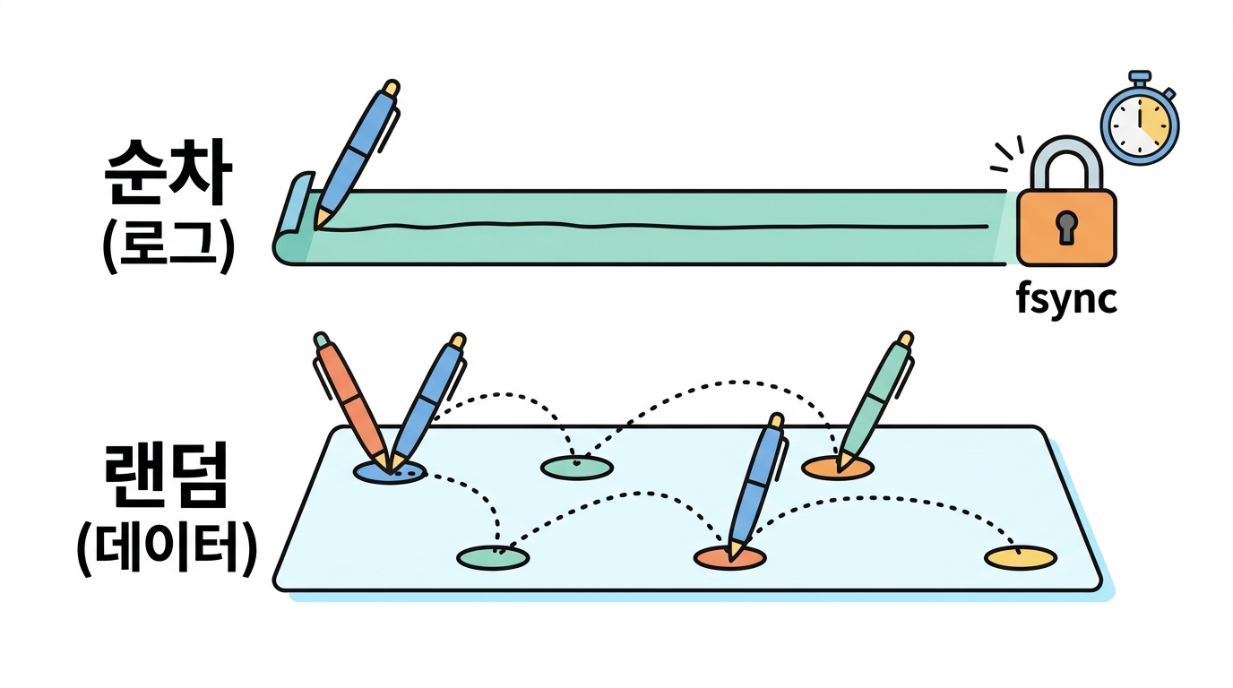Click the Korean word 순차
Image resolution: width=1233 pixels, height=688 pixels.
[168, 171]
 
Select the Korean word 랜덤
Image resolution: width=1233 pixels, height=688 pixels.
[166, 476]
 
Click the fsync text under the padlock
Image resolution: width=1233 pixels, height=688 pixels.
[1066, 299]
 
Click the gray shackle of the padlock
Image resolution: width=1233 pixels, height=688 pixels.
[1066, 163]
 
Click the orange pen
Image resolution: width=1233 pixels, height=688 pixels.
[352, 402]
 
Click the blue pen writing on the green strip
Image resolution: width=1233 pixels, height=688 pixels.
[357, 154]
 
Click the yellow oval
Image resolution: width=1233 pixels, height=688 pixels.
[1021, 557]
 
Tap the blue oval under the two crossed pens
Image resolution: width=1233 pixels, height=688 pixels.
[390, 472]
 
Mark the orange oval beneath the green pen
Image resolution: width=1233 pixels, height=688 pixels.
[837, 468]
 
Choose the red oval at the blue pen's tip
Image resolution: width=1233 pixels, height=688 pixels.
[730, 558]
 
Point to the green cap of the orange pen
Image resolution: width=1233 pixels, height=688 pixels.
[321, 339]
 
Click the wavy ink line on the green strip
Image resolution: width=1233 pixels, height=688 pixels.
[652, 226]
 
